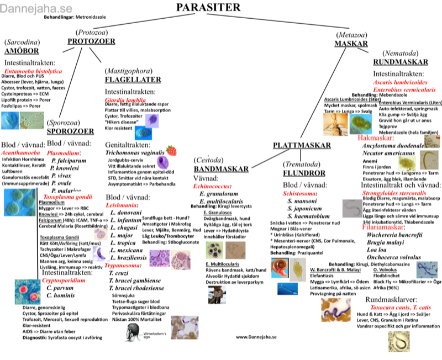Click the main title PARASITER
point(209,7)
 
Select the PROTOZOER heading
point(91,41)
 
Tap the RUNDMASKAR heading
point(401,61)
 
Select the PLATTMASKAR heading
point(302,145)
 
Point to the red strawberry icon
point(171,150)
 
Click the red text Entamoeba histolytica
point(33,71)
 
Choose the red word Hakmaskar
point(375,137)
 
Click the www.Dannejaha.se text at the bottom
point(256,336)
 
